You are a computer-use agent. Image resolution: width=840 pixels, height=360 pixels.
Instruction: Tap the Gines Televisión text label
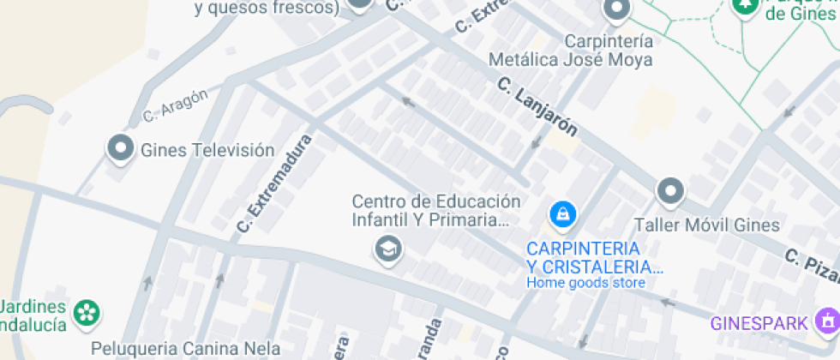207,150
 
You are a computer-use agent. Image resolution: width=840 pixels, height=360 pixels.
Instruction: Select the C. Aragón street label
176,105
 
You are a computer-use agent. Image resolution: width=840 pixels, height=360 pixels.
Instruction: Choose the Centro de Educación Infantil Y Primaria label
435,211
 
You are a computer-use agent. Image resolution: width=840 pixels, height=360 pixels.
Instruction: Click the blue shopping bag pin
562,213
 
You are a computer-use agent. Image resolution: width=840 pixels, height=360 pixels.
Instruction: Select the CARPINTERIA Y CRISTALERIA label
595,256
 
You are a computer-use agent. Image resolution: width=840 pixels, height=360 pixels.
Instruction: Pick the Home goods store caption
585,283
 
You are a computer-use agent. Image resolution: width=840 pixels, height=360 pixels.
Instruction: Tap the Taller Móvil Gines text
706,225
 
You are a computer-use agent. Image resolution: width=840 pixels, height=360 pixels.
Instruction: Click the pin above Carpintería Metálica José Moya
616,10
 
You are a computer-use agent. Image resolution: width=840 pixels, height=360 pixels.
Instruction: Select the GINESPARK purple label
759,323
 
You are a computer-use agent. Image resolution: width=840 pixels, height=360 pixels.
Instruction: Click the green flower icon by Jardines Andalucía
87,312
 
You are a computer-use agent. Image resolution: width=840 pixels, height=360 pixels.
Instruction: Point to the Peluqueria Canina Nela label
186,349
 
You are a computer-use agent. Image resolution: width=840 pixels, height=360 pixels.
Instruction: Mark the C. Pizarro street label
811,267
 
